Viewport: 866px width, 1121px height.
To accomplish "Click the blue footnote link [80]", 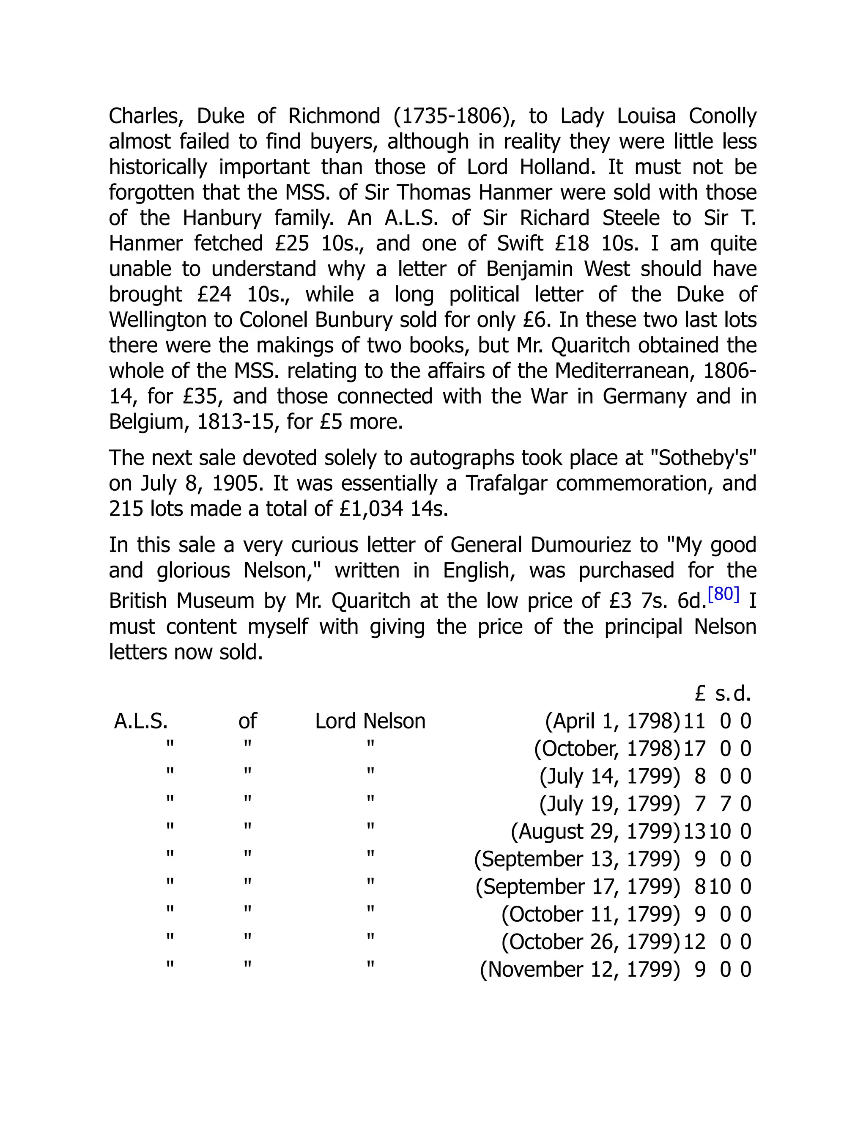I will point(723,594).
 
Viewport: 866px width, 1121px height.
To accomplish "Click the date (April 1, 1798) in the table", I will point(612,721).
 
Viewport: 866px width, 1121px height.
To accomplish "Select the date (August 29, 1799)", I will point(595,832).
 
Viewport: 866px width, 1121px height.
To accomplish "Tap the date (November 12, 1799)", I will point(580,970).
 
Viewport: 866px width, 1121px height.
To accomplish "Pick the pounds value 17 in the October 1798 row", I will point(695,749).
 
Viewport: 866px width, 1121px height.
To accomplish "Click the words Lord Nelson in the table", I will point(370,721).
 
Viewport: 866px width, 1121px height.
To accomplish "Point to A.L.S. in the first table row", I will point(141,721).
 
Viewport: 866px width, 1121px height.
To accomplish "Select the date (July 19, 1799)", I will point(609,804).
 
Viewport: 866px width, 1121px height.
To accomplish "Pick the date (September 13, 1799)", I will point(577,859).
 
